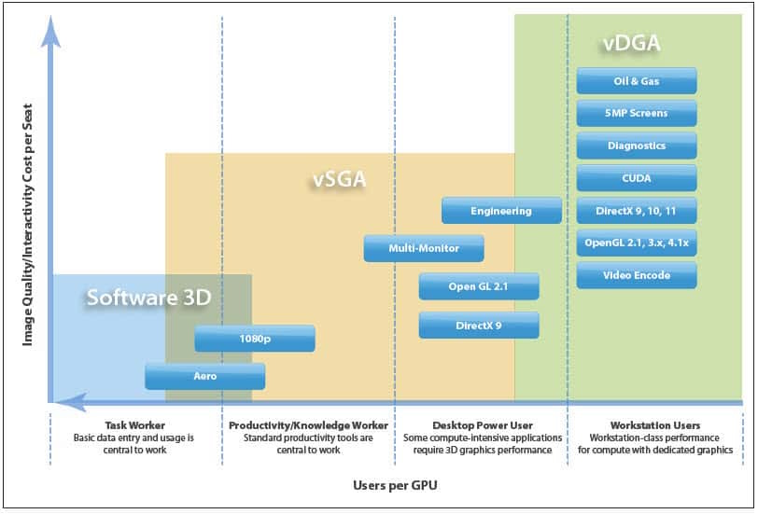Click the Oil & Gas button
coord(637,80)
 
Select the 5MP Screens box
coord(637,113)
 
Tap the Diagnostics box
coord(637,146)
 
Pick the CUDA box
coord(637,178)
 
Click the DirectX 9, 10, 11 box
coord(637,211)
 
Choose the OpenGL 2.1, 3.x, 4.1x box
coord(637,243)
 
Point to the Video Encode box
coord(637,275)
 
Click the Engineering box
coord(501,211)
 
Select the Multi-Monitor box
coord(424,248)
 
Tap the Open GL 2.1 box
coord(479,286)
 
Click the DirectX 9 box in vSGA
coord(479,326)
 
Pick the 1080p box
coord(255,338)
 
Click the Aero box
coord(205,376)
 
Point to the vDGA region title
coord(631,43)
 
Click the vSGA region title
coord(340,179)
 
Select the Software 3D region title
coord(149,297)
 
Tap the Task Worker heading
coord(134,425)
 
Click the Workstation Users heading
coord(655,425)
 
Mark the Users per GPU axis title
coord(395,485)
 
